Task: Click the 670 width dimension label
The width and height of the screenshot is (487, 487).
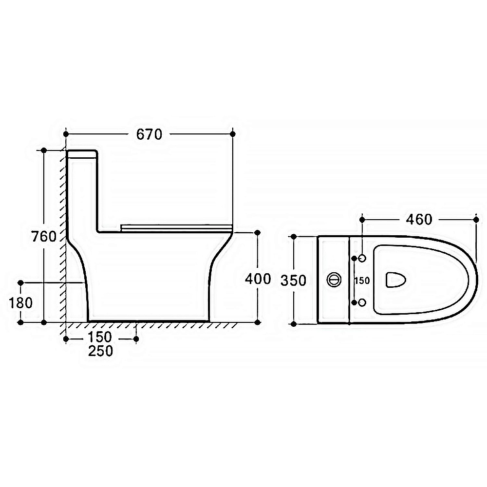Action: [150, 134]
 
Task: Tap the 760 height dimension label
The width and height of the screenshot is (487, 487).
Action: [44, 237]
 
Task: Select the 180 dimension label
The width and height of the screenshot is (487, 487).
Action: [21, 303]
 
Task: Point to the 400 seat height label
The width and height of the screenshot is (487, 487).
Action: [258, 279]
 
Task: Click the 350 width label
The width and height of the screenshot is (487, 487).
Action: [294, 281]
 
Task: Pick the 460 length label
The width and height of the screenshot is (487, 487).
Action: [419, 220]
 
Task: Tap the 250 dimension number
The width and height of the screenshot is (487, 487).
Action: [101, 351]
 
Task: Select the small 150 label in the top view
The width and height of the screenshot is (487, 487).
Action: [362, 281]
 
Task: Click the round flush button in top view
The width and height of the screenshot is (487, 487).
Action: [334, 280]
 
